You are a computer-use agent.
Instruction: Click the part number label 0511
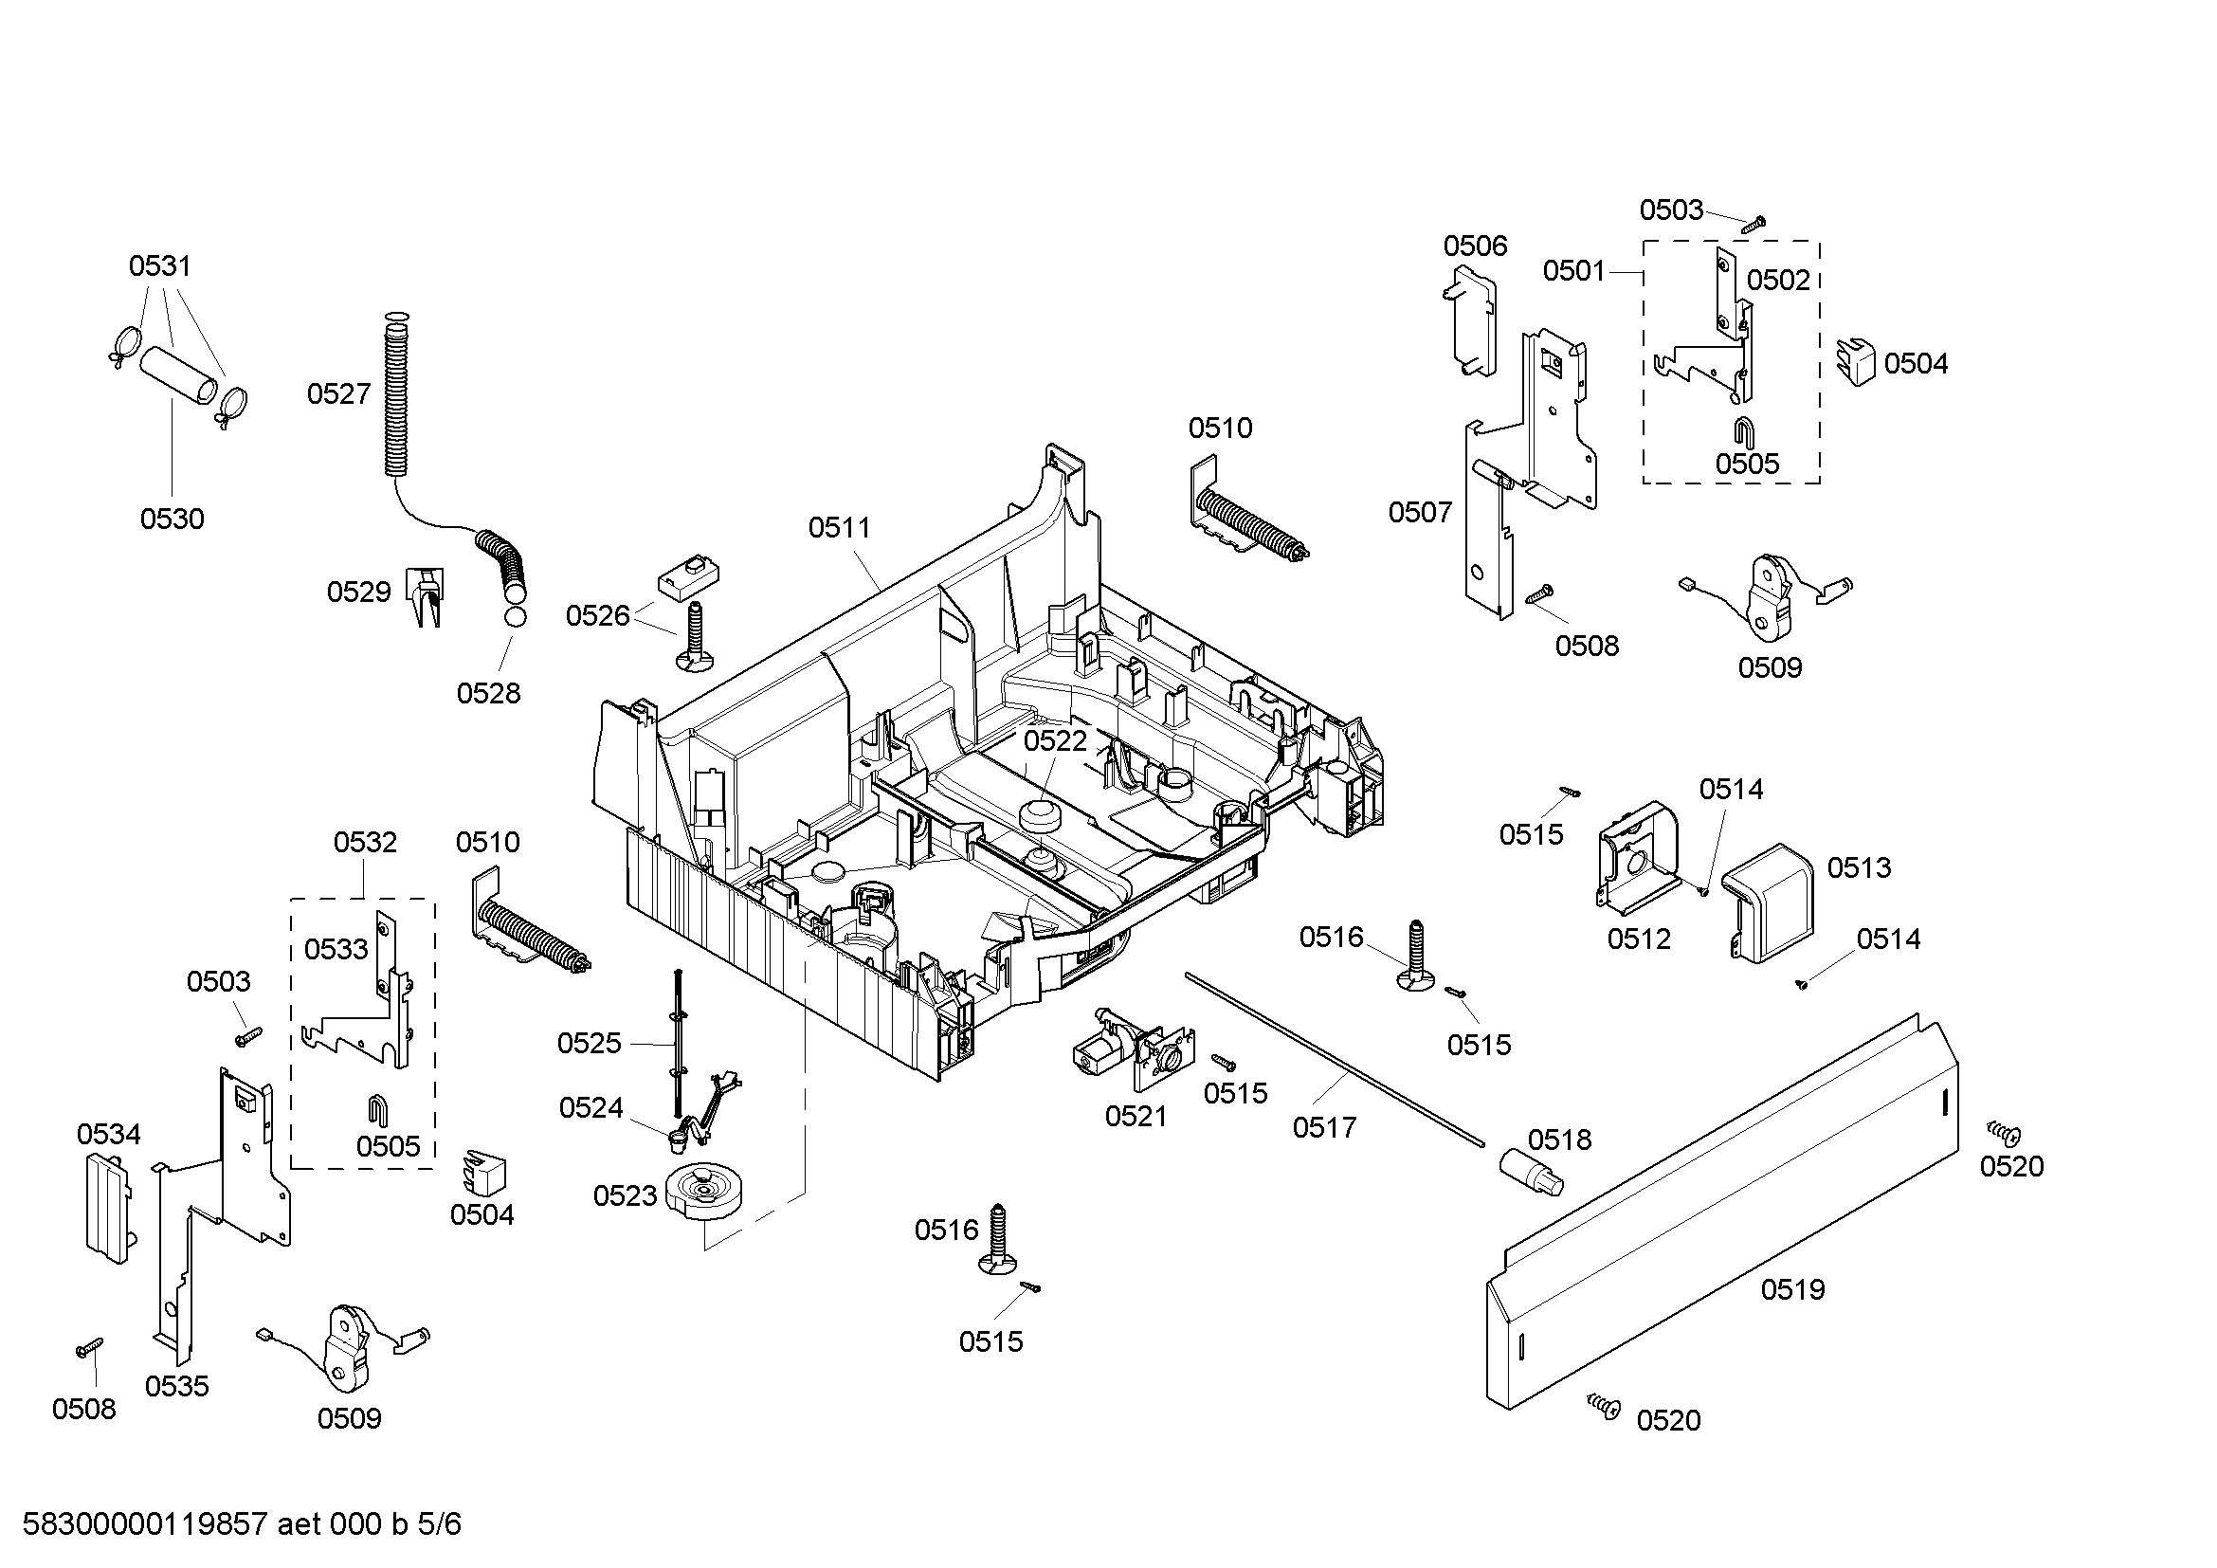pos(838,527)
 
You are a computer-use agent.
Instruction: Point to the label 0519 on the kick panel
pos(1792,1289)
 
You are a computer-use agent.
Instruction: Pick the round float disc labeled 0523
pos(707,1194)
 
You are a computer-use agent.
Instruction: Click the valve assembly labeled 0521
pos(1130,1049)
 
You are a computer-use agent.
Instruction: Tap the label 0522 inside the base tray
pos(1054,740)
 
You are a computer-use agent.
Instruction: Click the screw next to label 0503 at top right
pos(1754,224)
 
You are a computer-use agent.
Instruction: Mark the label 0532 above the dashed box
pos(364,842)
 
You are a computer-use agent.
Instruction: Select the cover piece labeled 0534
pos(106,1206)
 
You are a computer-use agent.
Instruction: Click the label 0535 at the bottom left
pos(175,1386)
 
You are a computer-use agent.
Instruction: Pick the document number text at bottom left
pos(242,1523)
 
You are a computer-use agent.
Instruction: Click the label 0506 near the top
pos(1475,246)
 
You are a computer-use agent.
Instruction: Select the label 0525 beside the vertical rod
pos(588,1043)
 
